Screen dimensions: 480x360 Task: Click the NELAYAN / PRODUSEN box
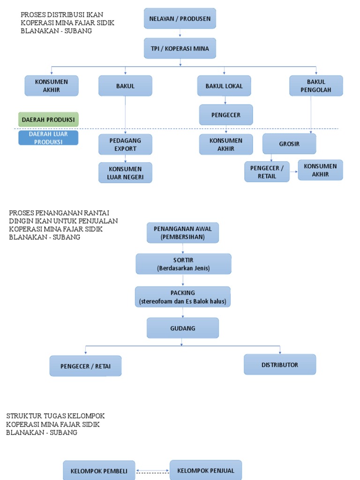180,19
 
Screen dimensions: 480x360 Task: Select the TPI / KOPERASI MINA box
180,48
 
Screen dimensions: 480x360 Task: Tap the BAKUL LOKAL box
224,86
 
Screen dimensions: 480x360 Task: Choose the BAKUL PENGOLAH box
316,86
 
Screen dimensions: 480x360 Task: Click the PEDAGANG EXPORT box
125,144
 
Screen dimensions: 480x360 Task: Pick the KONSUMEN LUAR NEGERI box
125,172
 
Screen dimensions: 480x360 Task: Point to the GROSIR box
289,144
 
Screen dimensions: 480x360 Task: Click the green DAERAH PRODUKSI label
48,120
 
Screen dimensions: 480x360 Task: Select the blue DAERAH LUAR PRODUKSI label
48,138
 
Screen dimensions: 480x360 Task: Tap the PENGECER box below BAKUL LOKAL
226,115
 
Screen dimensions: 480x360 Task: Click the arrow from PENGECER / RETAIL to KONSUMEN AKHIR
293,172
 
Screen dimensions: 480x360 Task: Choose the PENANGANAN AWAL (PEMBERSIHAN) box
183,233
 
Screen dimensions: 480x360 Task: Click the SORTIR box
183,264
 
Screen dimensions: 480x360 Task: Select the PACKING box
183,297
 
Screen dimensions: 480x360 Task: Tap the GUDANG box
183,328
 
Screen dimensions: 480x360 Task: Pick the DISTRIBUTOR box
280,364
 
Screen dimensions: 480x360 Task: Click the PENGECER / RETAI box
85,366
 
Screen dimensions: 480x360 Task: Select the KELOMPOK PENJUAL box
206,470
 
